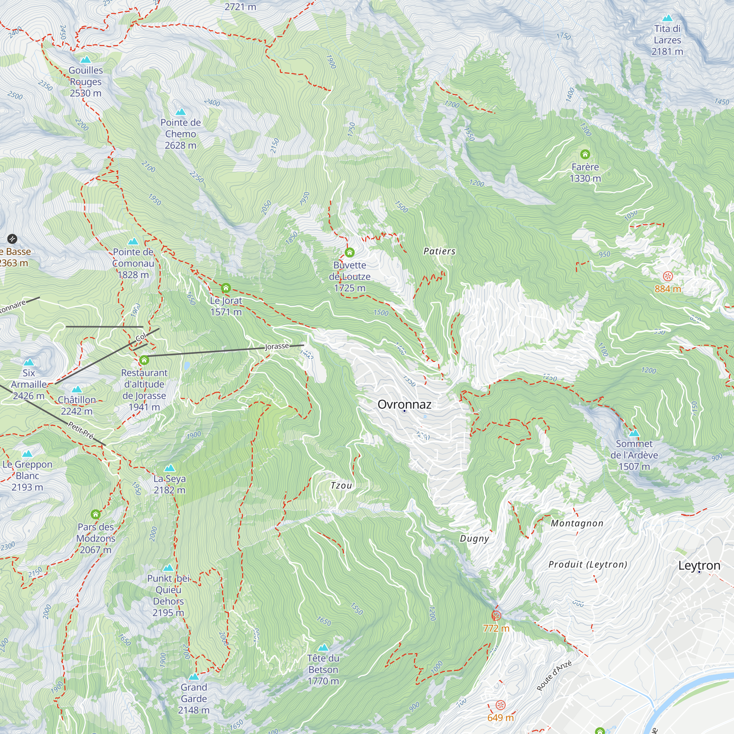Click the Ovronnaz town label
404,404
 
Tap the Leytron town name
699,565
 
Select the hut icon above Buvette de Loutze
349,252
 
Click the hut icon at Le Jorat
226,288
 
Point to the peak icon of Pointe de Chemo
181,112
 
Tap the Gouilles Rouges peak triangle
86,60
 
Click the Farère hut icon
585,154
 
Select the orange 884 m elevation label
668,289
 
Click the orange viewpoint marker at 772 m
496,615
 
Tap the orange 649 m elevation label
500,717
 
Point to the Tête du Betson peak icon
323,647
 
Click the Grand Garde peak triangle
194,677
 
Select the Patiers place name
440,251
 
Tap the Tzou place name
341,486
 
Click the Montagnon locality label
577,524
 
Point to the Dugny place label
475,538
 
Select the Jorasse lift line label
277,346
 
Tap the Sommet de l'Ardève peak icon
634,433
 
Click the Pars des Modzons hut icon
96,515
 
